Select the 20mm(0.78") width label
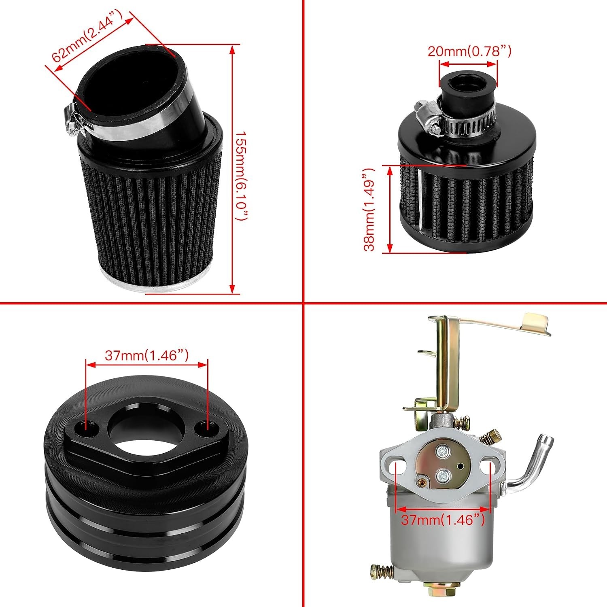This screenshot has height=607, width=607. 469,51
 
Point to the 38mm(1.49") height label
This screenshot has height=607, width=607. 369,210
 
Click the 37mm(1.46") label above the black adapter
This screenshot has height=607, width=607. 146,355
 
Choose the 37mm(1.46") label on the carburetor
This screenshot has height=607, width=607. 443,520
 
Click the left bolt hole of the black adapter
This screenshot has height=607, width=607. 85,426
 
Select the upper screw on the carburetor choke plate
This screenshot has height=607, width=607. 442,450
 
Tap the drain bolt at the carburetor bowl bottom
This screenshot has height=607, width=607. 433,586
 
